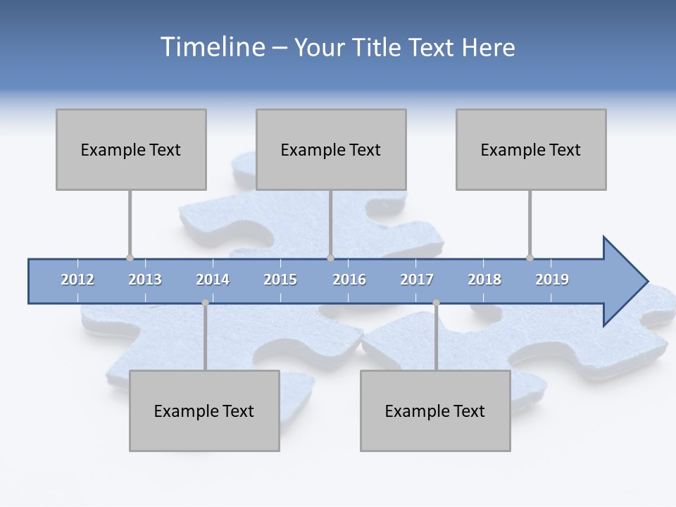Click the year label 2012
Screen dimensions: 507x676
(77, 280)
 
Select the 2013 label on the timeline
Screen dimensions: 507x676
(145, 280)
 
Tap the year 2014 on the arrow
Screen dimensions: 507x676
(213, 280)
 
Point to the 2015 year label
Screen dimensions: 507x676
(280, 280)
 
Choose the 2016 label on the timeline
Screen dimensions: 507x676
(349, 280)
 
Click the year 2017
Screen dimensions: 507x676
(417, 280)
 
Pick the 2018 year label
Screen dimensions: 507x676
(484, 280)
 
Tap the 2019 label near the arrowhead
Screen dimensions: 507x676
(552, 280)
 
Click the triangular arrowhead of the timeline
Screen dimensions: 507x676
(624, 282)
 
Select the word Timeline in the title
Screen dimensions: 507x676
(211, 47)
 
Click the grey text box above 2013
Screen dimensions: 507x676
(131, 149)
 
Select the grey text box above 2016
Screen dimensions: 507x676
(331, 149)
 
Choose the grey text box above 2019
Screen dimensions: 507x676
(531, 149)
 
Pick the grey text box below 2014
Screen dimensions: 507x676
(204, 411)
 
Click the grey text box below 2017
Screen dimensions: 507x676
(435, 411)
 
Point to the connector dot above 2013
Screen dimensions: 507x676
(130, 258)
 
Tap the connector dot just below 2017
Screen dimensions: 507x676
(436, 303)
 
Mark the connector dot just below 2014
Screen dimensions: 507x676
(205, 303)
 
